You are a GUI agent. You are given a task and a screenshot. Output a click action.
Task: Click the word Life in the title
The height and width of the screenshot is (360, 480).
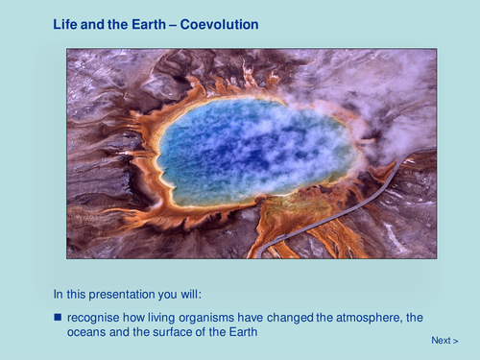64,22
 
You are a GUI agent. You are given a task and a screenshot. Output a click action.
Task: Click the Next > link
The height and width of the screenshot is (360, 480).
444,340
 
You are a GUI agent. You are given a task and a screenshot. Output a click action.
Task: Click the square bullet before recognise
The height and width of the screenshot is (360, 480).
57,317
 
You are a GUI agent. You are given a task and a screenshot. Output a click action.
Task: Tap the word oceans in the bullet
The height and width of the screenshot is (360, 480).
86,332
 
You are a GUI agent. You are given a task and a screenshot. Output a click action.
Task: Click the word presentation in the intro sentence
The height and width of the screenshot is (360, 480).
132,294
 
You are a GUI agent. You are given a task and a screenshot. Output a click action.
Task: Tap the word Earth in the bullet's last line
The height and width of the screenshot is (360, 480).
244,332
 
